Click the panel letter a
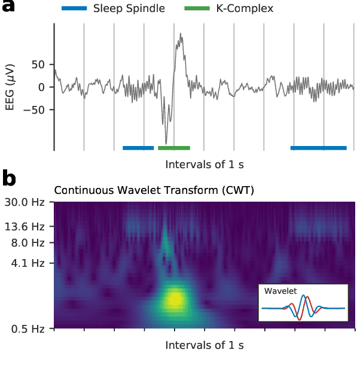pyautogui.click(x=8, y=9)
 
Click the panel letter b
pyautogui.click(x=9, y=178)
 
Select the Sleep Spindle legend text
pyautogui.click(x=129, y=9)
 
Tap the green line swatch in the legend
pyautogui.click(x=196, y=9)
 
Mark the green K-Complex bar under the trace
pyautogui.click(x=174, y=147)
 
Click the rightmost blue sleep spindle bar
pyautogui.click(x=318, y=147)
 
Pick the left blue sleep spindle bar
pyautogui.click(x=138, y=147)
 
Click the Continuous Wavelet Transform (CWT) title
pyautogui.click(x=154, y=191)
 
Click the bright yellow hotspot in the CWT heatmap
pyautogui.click(x=175, y=297)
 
